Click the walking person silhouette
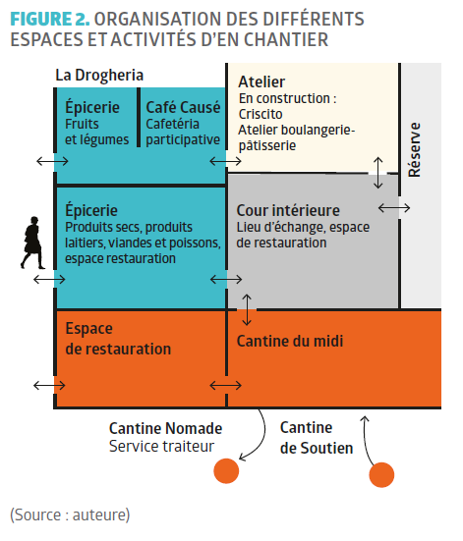coord(32,243)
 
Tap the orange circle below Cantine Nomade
coord(226,471)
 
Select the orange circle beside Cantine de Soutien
coord(381,475)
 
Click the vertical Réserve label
coord(414,150)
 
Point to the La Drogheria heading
coord(99,76)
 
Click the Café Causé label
coord(183,107)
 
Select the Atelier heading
coord(261,82)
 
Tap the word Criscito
coord(260,114)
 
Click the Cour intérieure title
coord(288,210)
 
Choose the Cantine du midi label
coord(290,342)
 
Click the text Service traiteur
coord(161,446)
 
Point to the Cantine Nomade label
coord(165,428)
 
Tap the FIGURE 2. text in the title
coord(50,19)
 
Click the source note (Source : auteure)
coord(70,514)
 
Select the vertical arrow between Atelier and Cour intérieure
coord(378,173)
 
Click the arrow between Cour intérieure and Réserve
coord(394,208)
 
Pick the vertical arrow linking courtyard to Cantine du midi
coord(247,310)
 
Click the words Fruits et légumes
coord(96,132)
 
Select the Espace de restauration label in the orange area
coord(118,339)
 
